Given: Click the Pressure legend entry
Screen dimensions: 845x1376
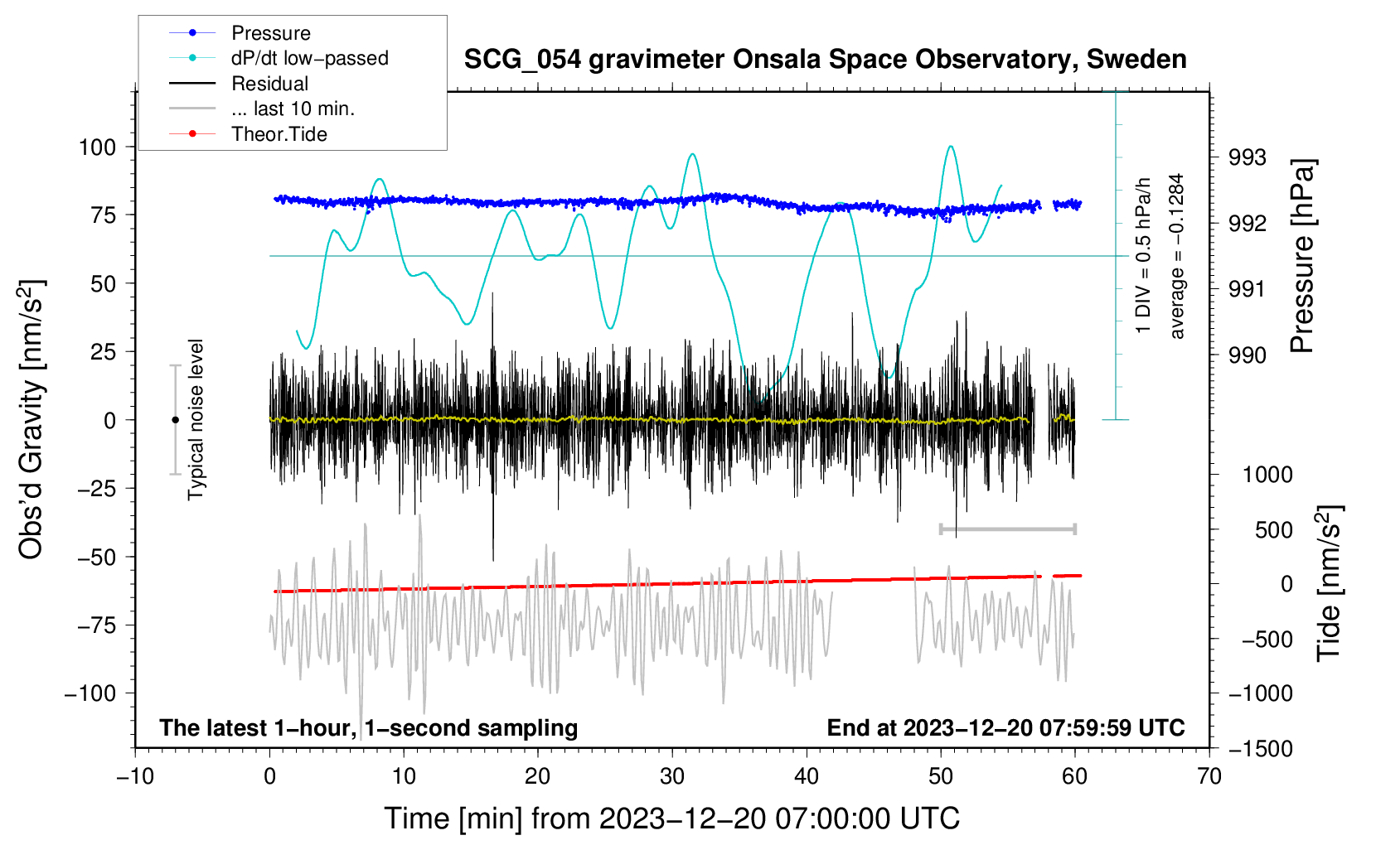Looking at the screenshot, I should [x=270, y=33].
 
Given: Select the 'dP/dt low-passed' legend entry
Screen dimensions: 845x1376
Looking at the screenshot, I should [x=309, y=58].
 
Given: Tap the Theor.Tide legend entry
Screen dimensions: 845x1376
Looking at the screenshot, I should [x=279, y=134].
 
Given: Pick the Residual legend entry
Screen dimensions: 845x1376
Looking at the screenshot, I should [x=269, y=84].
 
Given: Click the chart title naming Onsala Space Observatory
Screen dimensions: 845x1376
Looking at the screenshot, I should [x=825, y=60].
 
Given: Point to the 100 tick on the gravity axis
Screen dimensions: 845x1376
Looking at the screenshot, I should [x=97, y=147].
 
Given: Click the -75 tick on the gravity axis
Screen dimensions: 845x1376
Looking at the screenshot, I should [x=95, y=625].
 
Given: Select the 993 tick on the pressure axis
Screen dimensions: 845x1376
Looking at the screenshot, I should [x=1248, y=157].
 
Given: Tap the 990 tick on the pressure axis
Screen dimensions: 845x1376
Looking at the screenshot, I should [x=1248, y=355].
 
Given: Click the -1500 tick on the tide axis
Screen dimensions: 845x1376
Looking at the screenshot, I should [x=1260, y=749].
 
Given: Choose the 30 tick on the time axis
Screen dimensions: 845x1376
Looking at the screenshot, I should [x=672, y=776].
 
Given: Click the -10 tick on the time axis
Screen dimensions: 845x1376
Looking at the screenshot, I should [x=135, y=776].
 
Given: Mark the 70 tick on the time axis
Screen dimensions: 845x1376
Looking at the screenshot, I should [x=1209, y=776].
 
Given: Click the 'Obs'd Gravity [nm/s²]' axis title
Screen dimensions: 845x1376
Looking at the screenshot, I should [x=31, y=419].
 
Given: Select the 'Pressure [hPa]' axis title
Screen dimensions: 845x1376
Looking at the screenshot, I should [x=1302, y=257].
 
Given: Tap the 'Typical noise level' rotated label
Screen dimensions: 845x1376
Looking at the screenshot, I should [x=196, y=419].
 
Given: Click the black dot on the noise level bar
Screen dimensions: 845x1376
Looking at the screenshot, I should [x=175, y=420].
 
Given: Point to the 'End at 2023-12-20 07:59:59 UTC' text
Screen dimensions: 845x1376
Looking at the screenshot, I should [x=1005, y=727].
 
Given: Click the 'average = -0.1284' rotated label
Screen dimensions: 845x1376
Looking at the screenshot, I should [x=1176, y=256].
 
